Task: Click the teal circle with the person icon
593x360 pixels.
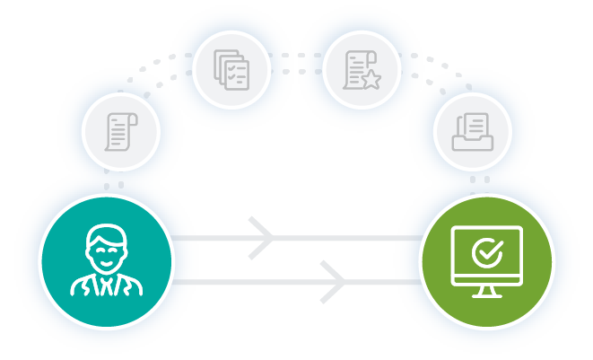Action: pyautogui.click(x=105, y=259)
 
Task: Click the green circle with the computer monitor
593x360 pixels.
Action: pyautogui.click(x=487, y=260)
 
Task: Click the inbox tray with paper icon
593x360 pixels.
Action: pyautogui.click(x=473, y=133)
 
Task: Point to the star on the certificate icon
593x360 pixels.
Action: pyautogui.click(x=370, y=80)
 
